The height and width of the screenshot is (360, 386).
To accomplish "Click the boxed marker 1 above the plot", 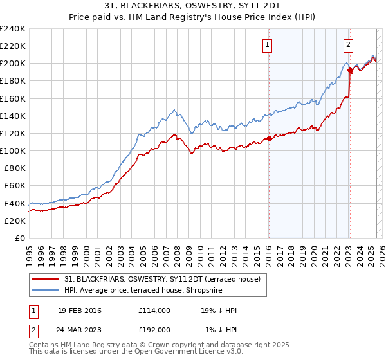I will tap(266, 45).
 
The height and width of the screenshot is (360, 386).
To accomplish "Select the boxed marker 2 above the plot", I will tap(348, 45).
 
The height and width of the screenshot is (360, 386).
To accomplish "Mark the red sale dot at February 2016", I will tap(269, 139).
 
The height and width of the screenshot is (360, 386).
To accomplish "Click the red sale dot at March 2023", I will tap(351, 71).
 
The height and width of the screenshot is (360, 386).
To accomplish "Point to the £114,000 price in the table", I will tap(154, 310).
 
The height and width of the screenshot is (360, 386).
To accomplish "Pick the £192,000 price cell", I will tap(154, 329).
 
